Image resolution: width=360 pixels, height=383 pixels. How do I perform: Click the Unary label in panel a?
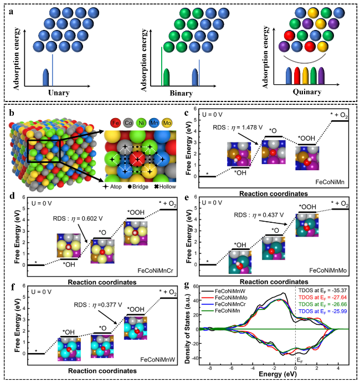point(59,92)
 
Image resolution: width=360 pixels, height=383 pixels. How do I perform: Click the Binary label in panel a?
point(179,92)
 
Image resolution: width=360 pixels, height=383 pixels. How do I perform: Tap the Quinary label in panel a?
point(304,92)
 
